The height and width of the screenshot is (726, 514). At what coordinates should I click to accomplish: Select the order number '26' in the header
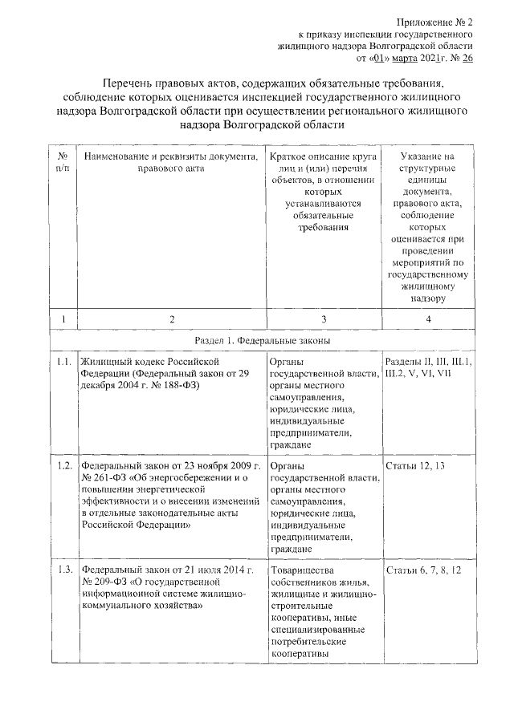click(x=466, y=59)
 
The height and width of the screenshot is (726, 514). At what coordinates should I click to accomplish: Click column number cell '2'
click(x=171, y=319)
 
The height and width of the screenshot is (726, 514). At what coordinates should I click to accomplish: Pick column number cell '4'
click(x=428, y=319)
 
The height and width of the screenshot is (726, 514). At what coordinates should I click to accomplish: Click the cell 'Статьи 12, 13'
click(x=415, y=466)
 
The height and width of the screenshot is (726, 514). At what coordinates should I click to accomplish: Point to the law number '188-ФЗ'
click(x=180, y=386)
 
